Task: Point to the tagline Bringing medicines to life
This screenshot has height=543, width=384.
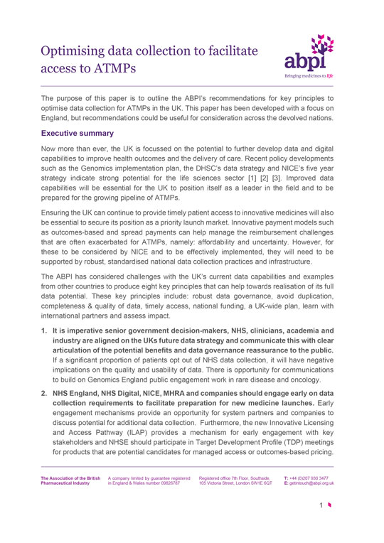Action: click(314, 74)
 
